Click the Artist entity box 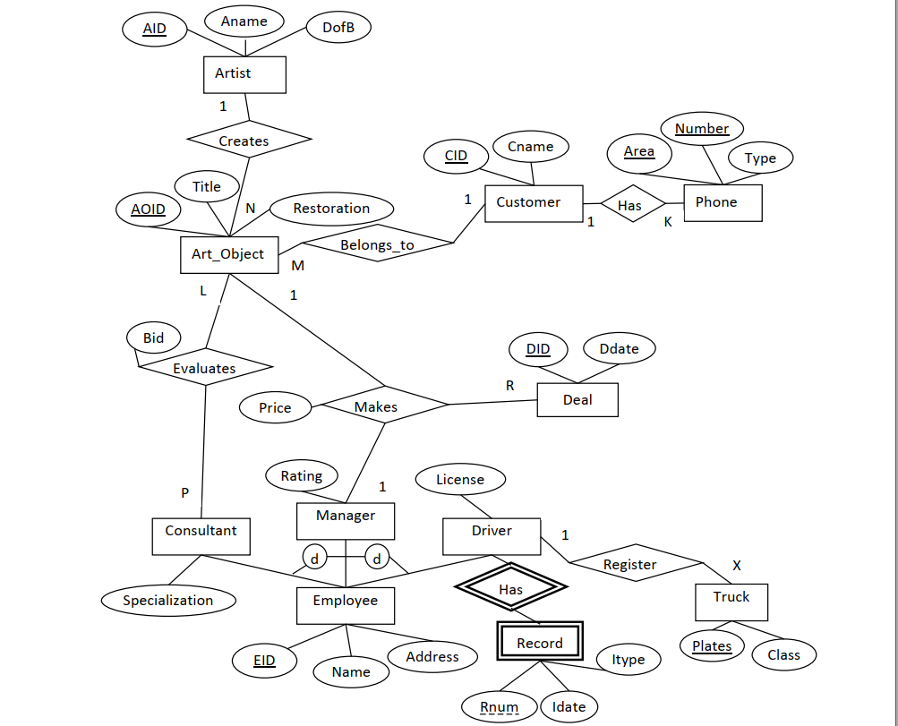pyautogui.click(x=244, y=74)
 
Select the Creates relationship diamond pyautogui.click(x=249, y=141)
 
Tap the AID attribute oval pyautogui.click(x=154, y=29)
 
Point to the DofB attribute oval pyautogui.click(x=338, y=28)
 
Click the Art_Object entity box pyautogui.click(x=228, y=254)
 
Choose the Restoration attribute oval pyautogui.click(x=331, y=209)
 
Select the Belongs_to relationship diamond pyautogui.click(x=377, y=244)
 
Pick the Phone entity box pyautogui.click(x=723, y=202)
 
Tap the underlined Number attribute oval pyautogui.click(x=701, y=129)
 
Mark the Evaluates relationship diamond pyautogui.click(x=204, y=368)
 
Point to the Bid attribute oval pyautogui.click(x=154, y=338)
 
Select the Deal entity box pyautogui.click(x=577, y=400)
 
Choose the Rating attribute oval pyautogui.click(x=302, y=476)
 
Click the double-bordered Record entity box pyautogui.click(x=540, y=643)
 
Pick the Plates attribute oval pyautogui.click(x=712, y=646)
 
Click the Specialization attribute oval pyautogui.click(x=168, y=601)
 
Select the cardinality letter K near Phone pyautogui.click(x=668, y=223)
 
